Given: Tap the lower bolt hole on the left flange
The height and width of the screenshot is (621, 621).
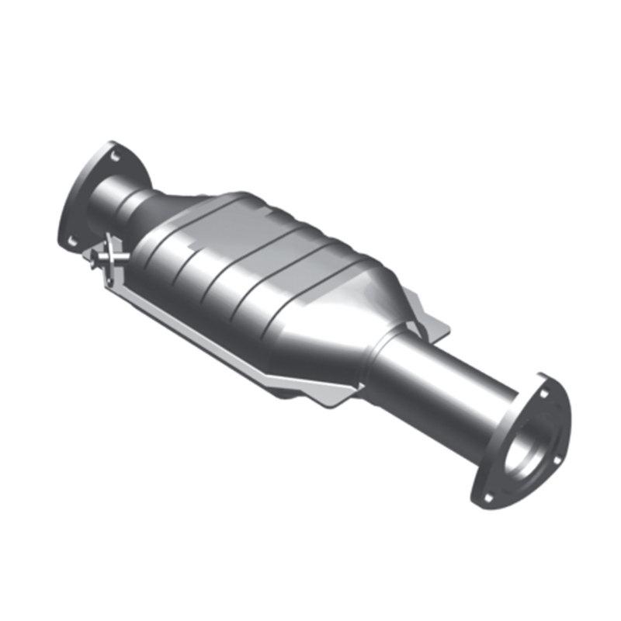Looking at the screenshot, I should pos(71,240).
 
